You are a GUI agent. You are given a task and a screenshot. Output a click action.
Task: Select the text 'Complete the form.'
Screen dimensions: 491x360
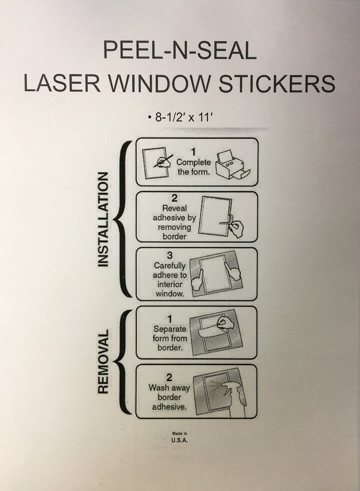pos(193,167)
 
